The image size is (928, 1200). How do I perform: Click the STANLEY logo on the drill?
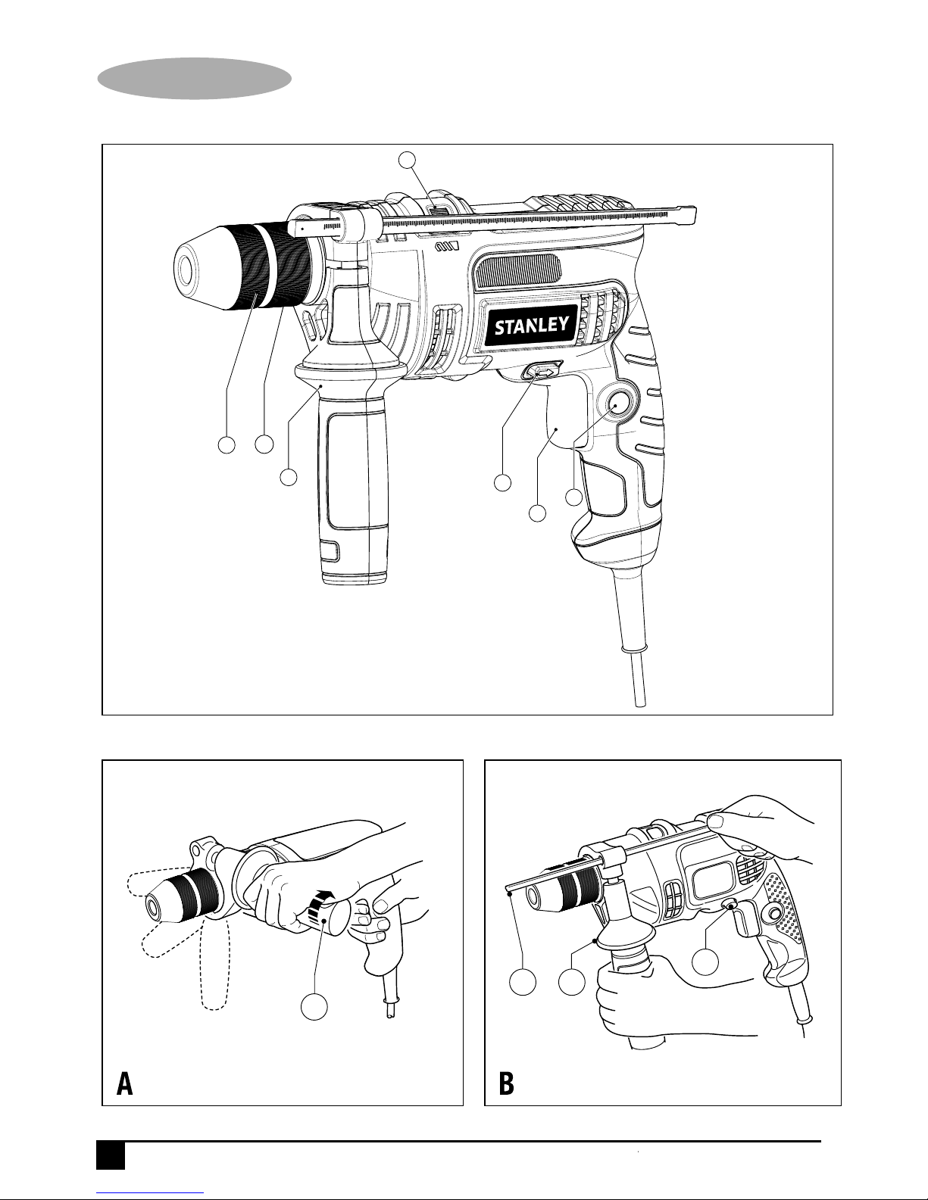click(x=531, y=326)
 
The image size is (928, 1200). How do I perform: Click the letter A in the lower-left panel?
click(x=125, y=1084)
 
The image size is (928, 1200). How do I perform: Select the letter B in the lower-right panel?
click(x=506, y=1084)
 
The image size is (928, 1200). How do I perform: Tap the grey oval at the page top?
click(x=195, y=79)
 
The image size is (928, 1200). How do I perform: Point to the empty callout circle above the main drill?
click(x=407, y=160)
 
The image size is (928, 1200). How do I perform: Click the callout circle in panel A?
click(x=314, y=1007)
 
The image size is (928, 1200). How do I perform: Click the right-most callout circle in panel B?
click(x=706, y=962)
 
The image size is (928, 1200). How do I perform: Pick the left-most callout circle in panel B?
click(x=522, y=982)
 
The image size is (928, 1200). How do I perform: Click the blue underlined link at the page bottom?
click(x=150, y=1192)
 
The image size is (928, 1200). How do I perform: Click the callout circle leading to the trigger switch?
click(x=537, y=513)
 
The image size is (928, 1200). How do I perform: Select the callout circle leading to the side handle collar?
click(x=289, y=477)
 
